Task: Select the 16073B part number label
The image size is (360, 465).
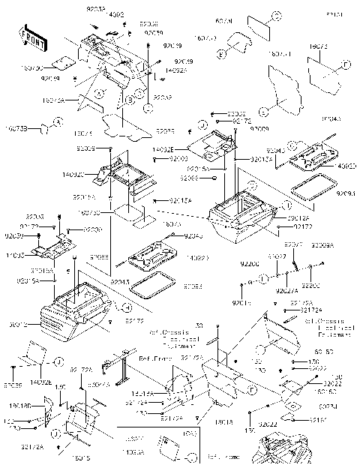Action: [x=16, y=129]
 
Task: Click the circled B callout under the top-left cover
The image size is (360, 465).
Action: [x=130, y=99]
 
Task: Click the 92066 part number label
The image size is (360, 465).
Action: [x=190, y=178]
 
